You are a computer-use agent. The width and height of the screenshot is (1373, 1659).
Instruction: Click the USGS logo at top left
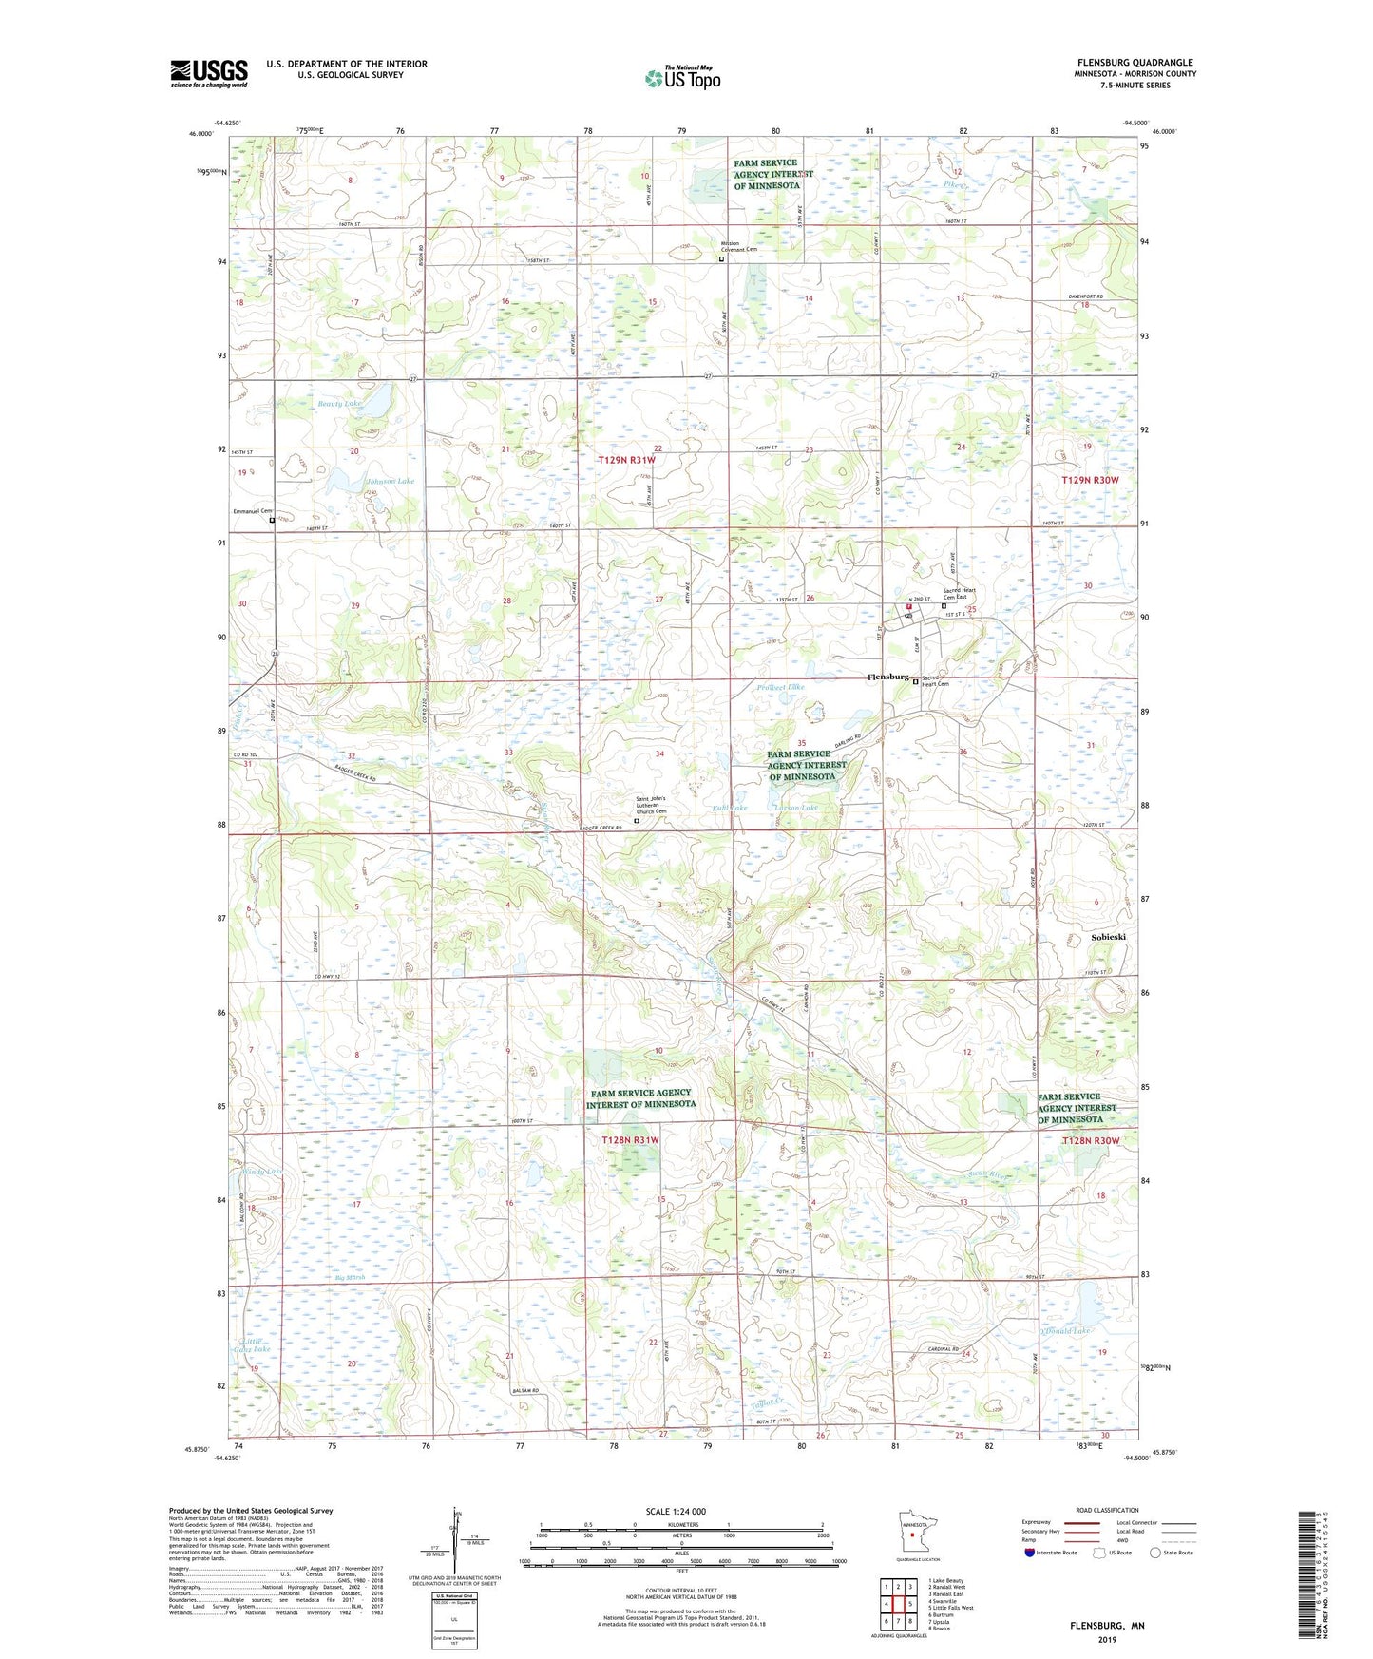209,73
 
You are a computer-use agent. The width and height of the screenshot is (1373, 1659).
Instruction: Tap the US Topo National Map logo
681,78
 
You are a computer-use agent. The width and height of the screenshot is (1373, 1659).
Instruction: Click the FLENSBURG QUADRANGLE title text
1135,63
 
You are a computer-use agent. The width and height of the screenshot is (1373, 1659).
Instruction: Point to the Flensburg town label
888,677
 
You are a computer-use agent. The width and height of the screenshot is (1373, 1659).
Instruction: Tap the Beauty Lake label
339,404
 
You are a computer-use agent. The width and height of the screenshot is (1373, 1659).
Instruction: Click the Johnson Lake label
390,481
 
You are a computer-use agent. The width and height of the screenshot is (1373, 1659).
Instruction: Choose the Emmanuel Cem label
253,511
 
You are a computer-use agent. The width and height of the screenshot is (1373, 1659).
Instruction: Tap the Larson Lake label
795,808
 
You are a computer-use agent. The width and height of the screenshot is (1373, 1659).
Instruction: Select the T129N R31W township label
626,460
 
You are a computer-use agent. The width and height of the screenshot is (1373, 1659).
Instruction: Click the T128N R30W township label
1091,1140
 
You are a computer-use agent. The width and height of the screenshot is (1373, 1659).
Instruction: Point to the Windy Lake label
262,1172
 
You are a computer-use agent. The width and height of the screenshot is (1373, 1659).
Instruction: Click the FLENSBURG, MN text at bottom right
1106,1626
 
